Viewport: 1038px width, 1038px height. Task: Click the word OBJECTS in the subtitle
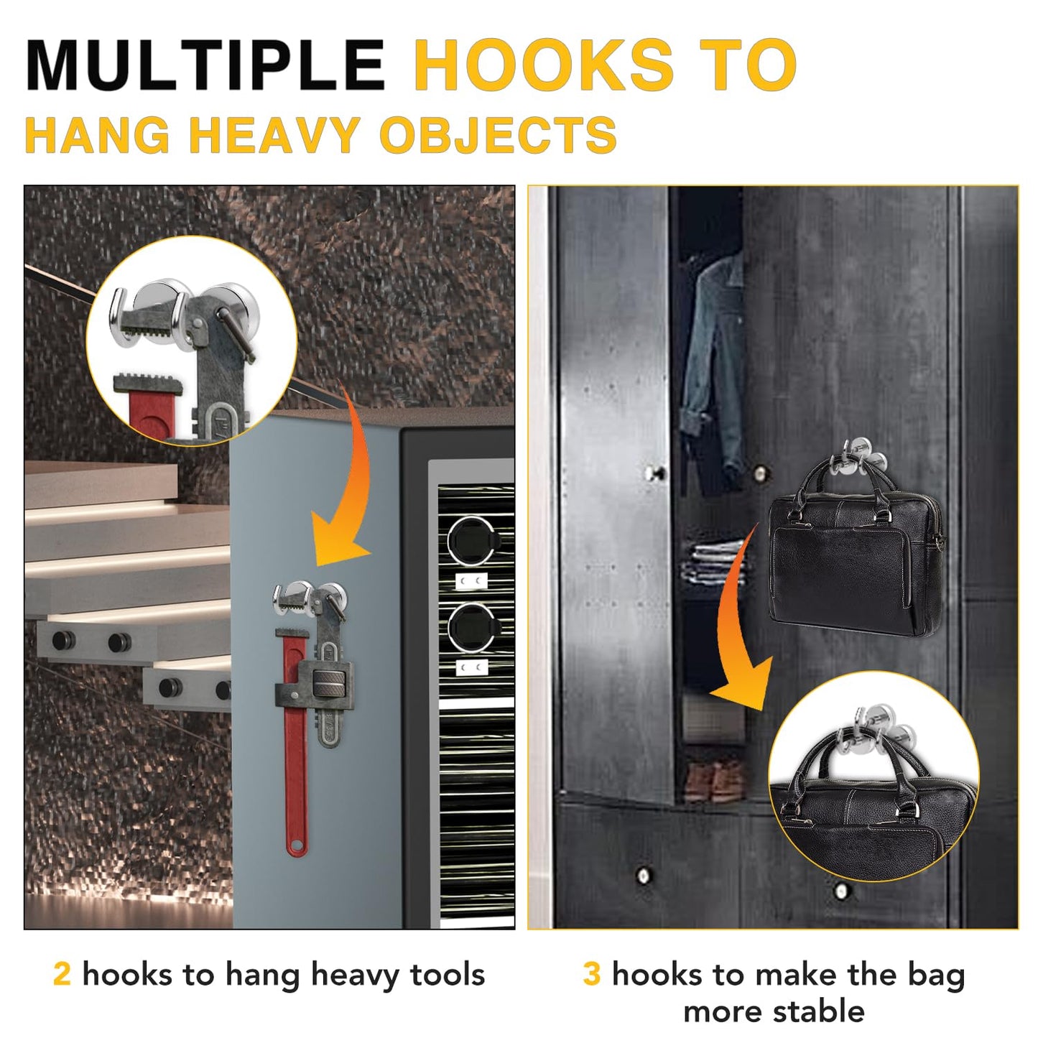[x=498, y=135]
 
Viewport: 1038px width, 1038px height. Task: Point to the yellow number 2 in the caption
[x=62, y=975]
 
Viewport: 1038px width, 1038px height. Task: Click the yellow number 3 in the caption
[x=591, y=975]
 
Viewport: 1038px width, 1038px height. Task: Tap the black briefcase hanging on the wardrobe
[x=855, y=560]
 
